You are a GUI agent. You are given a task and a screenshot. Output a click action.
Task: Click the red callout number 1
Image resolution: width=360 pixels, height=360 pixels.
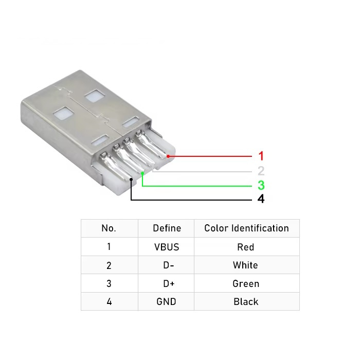261,155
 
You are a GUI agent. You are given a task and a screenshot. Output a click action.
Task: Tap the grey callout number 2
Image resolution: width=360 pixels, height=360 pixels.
261,171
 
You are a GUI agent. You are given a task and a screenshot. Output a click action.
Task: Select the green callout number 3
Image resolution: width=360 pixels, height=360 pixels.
261,185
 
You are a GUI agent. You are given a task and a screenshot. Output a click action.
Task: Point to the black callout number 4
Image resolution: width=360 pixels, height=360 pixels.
261,199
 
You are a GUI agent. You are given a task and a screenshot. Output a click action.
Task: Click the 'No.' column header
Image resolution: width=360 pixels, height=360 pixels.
109,228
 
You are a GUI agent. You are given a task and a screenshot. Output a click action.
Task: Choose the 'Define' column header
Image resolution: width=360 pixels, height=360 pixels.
167,228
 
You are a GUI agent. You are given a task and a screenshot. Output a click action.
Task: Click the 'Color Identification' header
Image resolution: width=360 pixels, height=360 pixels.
246,228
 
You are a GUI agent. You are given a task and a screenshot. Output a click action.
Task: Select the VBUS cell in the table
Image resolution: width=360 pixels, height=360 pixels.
167,247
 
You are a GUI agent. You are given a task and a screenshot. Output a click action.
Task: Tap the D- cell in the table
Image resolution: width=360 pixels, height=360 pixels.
167,265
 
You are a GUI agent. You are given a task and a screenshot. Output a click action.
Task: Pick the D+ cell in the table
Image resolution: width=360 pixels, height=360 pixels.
167,283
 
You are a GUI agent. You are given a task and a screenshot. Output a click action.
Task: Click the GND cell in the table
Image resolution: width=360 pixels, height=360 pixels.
167,302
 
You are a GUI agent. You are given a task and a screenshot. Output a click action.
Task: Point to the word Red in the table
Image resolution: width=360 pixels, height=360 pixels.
246,247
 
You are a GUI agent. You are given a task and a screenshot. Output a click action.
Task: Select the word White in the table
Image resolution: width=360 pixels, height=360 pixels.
246,265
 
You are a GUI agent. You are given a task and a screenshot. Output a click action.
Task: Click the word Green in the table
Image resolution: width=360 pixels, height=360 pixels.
246,283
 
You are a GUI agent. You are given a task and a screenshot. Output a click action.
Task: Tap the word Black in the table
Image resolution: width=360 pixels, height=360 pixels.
246,302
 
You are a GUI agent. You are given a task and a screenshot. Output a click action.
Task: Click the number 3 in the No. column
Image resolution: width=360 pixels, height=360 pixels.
109,283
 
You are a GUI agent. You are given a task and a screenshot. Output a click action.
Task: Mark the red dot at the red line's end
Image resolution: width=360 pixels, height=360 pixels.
169,155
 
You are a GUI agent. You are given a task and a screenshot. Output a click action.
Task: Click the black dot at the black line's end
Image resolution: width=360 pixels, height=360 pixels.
132,179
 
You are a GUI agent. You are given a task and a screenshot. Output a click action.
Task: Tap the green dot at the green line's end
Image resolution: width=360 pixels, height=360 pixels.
142,174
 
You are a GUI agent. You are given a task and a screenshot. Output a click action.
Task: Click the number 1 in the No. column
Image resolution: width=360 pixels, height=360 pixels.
109,247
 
